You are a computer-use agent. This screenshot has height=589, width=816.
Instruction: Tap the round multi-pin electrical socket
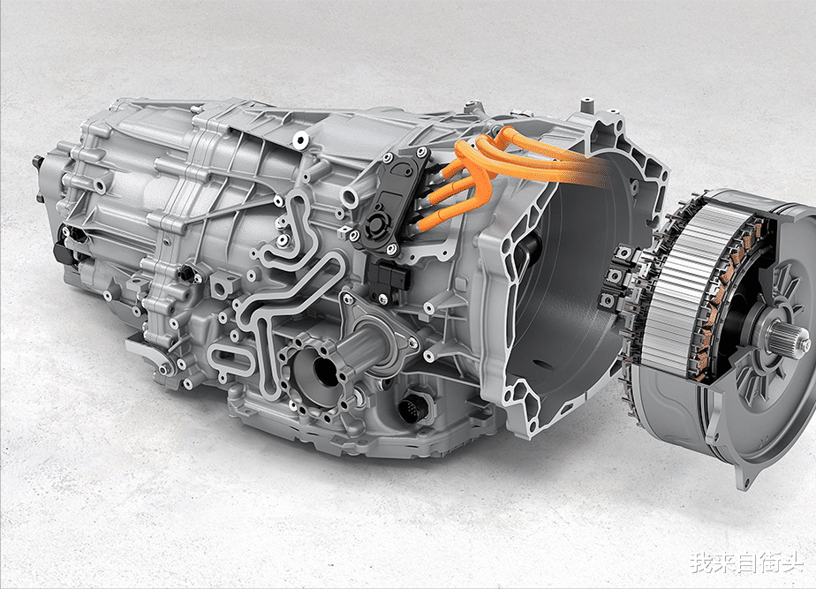click(413, 407)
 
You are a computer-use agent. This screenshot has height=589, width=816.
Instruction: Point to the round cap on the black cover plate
click(375, 223)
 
